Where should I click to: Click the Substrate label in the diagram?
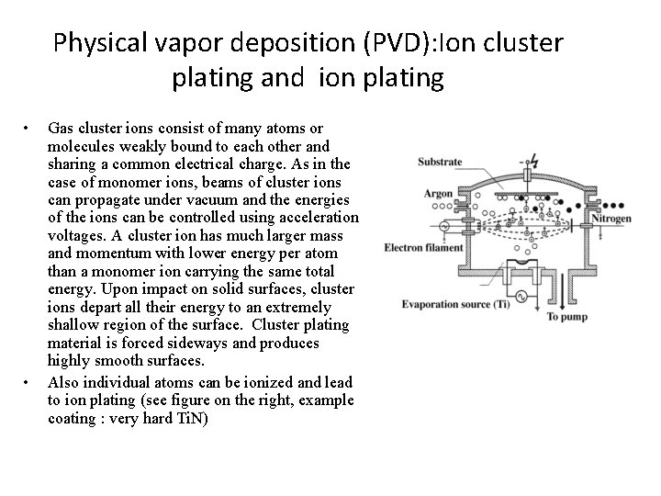[440, 163]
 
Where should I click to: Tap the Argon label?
[438, 194]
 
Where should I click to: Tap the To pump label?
[567, 317]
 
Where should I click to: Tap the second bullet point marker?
[28, 382]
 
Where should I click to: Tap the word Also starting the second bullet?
[63, 382]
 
